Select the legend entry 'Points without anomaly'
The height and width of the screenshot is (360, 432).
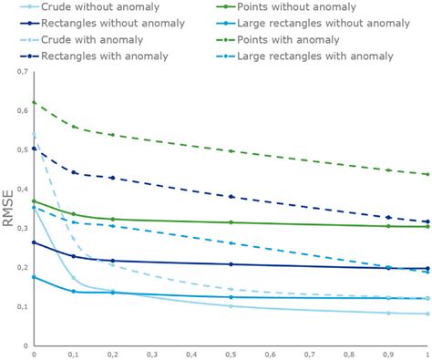click(293, 7)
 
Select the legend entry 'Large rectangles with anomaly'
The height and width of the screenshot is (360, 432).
click(320, 57)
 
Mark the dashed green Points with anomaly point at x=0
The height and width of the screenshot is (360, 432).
click(35, 102)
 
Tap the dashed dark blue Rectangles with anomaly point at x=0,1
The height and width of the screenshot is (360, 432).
click(74, 172)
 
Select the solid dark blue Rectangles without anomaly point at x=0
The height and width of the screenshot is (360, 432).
click(35, 242)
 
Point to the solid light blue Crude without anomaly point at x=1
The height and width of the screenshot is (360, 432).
click(427, 314)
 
